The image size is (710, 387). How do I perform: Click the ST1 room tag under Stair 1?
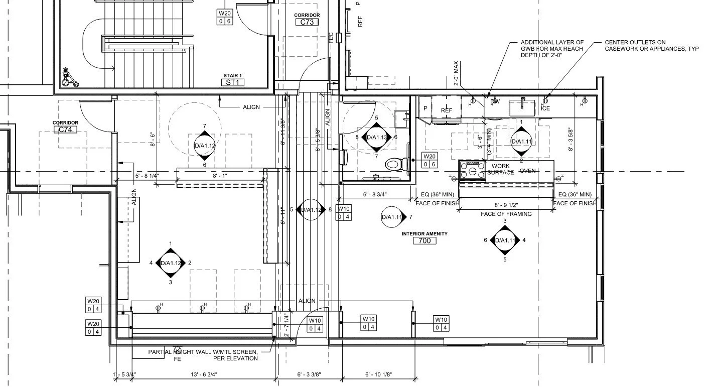[x=233, y=82]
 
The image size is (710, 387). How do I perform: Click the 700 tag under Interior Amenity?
[x=424, y=241]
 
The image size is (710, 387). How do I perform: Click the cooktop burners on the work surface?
[x=473, y=170]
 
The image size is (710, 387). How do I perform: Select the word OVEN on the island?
[x=527, y=171]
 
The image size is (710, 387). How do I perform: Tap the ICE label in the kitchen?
[x=545, y=108]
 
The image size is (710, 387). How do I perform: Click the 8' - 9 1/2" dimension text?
[x=506, y=205]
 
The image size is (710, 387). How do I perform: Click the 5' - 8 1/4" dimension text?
[x=147, y=176]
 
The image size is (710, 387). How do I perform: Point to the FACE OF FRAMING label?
[x=506, y=214]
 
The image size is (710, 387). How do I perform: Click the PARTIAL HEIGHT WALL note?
[x=203, y=355]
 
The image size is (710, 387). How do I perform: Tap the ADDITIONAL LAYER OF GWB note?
[x=552, y=49]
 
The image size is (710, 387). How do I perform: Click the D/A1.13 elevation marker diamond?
[x=376, y=137]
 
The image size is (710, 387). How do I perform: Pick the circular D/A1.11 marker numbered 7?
[x=392, y=217]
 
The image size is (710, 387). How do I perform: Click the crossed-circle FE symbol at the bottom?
[x=177, y=350]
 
